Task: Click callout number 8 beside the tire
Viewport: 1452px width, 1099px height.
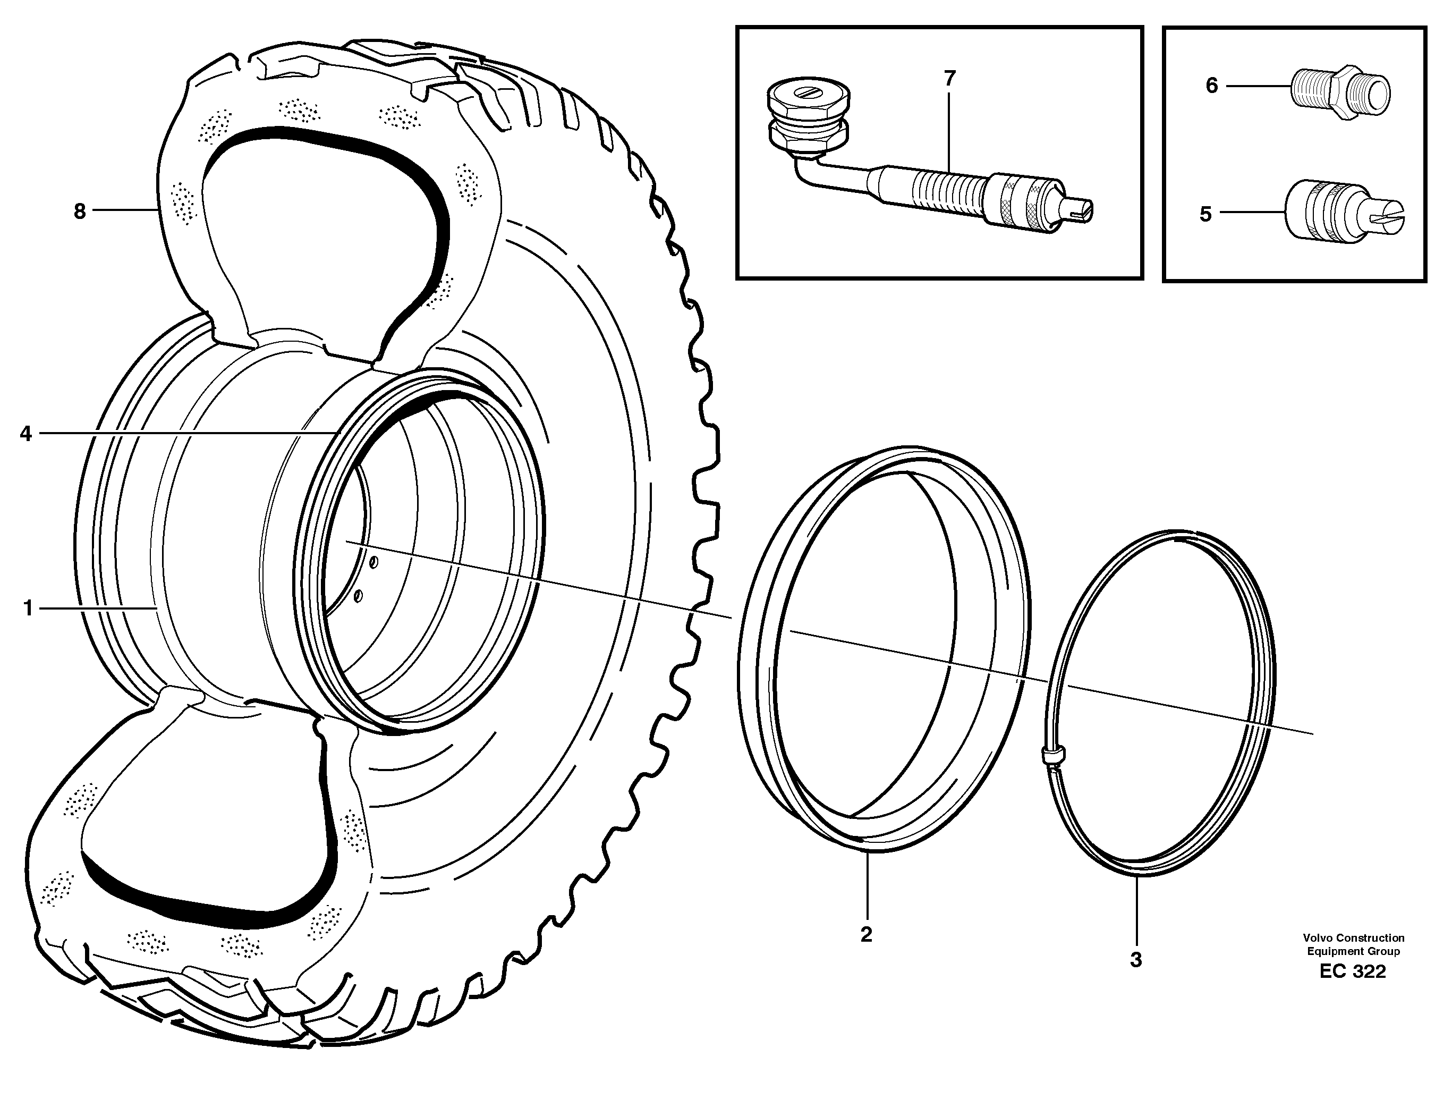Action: click(x=79, y=212)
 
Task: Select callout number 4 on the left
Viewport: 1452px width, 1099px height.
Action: click(x=26, y=433)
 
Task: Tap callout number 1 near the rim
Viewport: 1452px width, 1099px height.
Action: click(x=28, y=608)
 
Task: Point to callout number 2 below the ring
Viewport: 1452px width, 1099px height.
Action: click(x=866, y=935)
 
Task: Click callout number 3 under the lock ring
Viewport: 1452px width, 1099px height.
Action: click(x=1135, y=959)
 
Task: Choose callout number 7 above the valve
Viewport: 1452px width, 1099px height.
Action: click(x=949, y=79)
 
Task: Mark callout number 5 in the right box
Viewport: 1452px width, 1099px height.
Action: click(x=1206, y=214)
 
